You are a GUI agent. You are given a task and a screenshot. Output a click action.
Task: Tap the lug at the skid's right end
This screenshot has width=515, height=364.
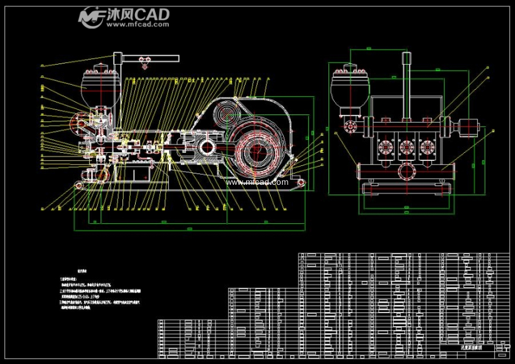[300, 183]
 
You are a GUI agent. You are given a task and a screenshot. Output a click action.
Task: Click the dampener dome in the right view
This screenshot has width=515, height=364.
[349, 83]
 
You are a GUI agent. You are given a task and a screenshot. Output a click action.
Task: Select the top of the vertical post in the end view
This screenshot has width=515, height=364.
[406, 58]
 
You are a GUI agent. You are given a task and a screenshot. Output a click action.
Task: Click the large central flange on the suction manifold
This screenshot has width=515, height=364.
[406, 170]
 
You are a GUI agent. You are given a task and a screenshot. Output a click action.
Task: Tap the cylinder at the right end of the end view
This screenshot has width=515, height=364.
[469, 128]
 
